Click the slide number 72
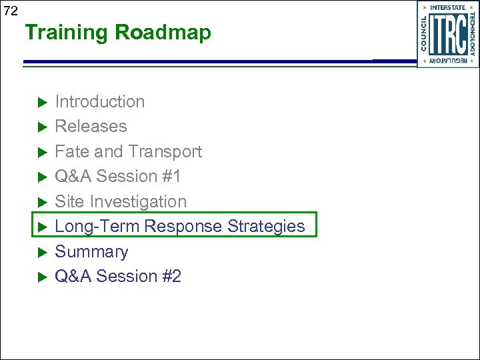(x=9, y=10)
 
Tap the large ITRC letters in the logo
(x=447, y=35)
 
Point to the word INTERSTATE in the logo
(x=448, y=8)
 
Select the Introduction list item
(x=99, y=101)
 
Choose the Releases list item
(x=91, y=126)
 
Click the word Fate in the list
(x=71, y=151)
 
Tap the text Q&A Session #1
(x=117, y=176)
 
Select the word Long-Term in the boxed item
(x=97, y=226)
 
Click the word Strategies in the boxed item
(x=266, y=226)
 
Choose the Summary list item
(x=91, y=251)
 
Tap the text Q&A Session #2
(x=117, y=276)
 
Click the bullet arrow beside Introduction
(x=40, y=102)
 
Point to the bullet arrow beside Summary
(x=40, y=252)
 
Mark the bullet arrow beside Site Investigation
(x=40, y=202)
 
